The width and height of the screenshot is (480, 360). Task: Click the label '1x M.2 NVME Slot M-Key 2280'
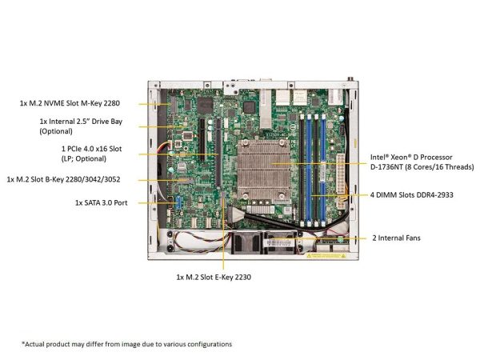click(70, 103)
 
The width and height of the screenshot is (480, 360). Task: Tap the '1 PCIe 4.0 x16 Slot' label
click(91, 149)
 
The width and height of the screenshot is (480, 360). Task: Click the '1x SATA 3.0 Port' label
click(102, 202)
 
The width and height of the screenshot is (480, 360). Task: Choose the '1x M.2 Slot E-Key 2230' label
click(214, 278)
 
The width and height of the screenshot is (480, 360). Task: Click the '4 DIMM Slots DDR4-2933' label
click(412, 195)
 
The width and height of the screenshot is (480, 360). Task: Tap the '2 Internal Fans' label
click(397, 238)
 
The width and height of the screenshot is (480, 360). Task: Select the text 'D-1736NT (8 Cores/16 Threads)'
click(422, 167)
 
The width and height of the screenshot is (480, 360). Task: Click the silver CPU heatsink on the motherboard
click(263, 170)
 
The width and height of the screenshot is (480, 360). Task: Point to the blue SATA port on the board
click(178, 202)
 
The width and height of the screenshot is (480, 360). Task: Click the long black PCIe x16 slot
click(218, 153)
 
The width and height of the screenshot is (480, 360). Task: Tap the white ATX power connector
click(340, 173)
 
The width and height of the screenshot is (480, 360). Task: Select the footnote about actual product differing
click(126, 344)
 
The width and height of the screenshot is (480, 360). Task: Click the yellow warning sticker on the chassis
click(326, 256)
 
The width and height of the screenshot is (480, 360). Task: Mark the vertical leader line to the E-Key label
click(223, 234)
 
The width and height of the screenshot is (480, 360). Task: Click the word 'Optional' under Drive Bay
click(56, 131)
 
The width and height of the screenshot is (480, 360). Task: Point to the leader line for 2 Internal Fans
click(318, 238)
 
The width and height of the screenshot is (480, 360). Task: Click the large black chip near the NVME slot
click(205, 106)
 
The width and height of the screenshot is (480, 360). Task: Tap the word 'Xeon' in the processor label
click(400, 158)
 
